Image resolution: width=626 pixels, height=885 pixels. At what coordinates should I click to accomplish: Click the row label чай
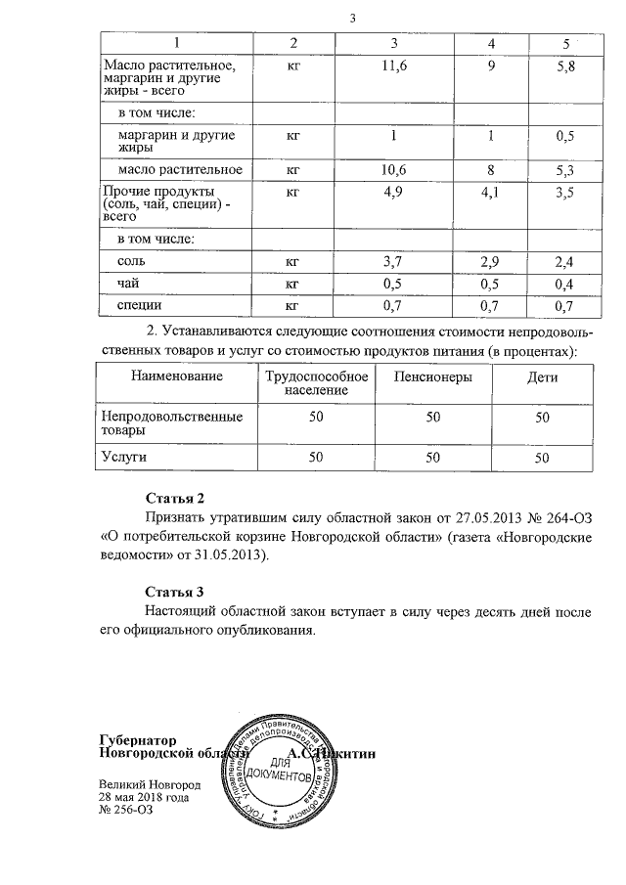pos(126,284)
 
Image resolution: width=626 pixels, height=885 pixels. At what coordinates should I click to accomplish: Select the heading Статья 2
pos(174,499)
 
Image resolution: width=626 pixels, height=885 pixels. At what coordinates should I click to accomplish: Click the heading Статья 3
pos(174,592)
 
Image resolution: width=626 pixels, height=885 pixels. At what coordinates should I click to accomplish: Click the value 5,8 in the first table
pos(563,65)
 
